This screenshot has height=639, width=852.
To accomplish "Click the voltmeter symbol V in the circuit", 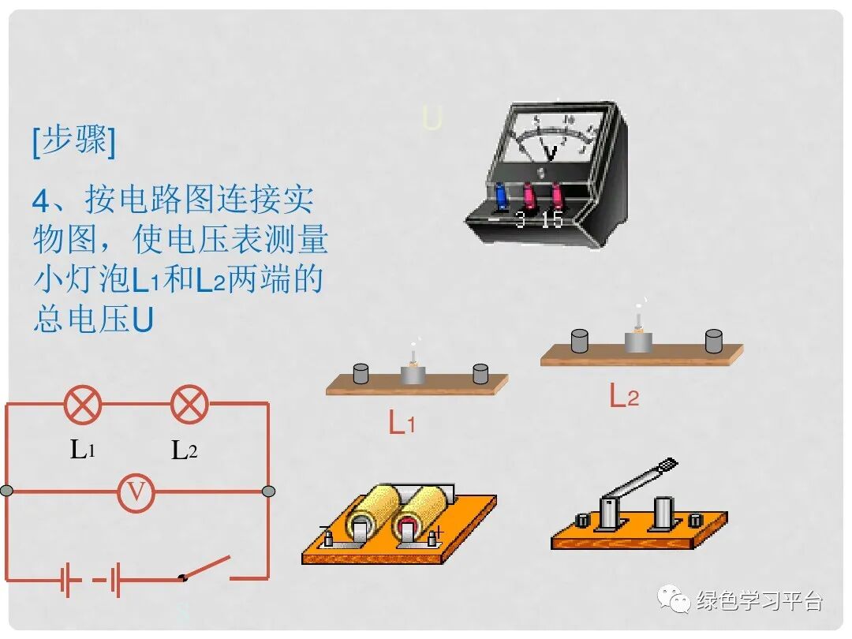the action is pyautogui.click(x=136, y=492).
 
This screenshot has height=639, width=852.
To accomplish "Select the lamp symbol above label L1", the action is pyautogui.click(x=83, y=405).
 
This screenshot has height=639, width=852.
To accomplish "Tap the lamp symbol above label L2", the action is pyautogui.click(x=189, y=405).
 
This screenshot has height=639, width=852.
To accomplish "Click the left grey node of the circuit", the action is pyautogui.click(x=7, y=491).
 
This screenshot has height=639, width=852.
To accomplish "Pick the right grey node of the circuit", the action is pyautogui.click(x=268, y=491).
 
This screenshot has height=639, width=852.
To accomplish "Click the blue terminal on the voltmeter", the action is pyautogui.click(x=500, y=196).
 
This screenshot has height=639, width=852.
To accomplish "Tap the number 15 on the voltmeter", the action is pyautogui.click(x=552, y=219).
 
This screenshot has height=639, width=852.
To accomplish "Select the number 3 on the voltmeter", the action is pyautogui.click(x=521, y=220).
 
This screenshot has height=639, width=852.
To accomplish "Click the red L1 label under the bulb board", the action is pyautogui.click(x=402, y=424).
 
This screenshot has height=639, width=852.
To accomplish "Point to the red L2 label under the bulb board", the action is pyautogui.click(x=623, y=396).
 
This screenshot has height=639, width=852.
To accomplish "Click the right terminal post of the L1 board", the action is pyautogui.click(x=480, y=373).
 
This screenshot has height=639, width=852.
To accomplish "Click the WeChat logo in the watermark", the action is pyautogui.click(x=675, y=600).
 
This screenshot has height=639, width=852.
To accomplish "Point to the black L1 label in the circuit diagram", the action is pyautogui.click(x=83, y=450).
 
